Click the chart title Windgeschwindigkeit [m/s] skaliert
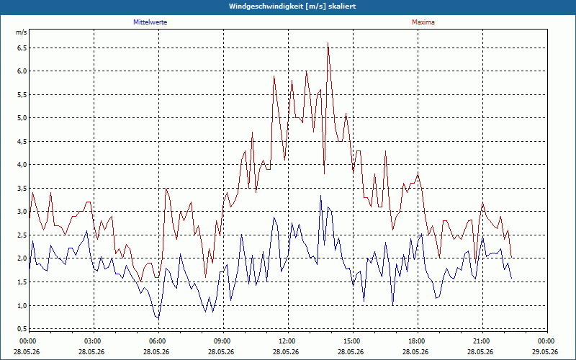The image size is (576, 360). (x=292, y=6)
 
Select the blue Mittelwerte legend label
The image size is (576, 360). (x=150, y=22)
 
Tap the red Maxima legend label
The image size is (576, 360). (x=423, y=22)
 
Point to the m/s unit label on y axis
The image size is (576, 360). (x=22, y=32)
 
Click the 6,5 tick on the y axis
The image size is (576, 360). (x=22, y=48)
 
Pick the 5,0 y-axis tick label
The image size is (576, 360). (x=22, y=118)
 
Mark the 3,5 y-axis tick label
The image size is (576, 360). (x=22, y=189)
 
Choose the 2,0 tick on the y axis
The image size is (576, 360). (x=22, y=258)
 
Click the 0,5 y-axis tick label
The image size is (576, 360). (x=22, y=328)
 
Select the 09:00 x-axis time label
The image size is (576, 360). (x=223, y=341)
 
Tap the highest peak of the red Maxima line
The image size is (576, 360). (x=328, y=43)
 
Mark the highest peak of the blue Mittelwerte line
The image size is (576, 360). (x=320, y=195)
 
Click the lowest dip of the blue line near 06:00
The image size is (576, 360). (x=158, y=318)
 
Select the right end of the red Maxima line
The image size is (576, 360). (x=512, y=258)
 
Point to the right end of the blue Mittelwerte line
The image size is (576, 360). (x=512, y=278)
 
